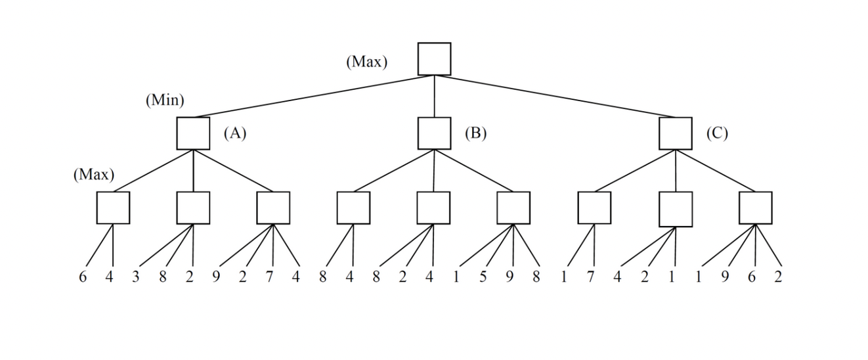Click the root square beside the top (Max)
point(434,59)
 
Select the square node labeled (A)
point(193,133)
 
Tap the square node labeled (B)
point(434,133)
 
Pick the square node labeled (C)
point(675,133)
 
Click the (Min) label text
point(165,101)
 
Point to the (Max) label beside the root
point(367,62)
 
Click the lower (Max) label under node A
point(94,175)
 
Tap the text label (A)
point(234,133)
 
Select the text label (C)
point(717,133)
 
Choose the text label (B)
point(475,133)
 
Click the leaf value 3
point(136,277)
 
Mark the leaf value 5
point(483,277)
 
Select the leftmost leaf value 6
point(83,277)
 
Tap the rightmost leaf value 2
point(778,277)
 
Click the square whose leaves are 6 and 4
point(113,208)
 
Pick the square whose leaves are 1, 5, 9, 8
point(513,208)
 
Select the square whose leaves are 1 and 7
point(594,208)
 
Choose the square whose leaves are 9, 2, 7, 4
point(273,208)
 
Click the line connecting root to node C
point(555,96)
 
